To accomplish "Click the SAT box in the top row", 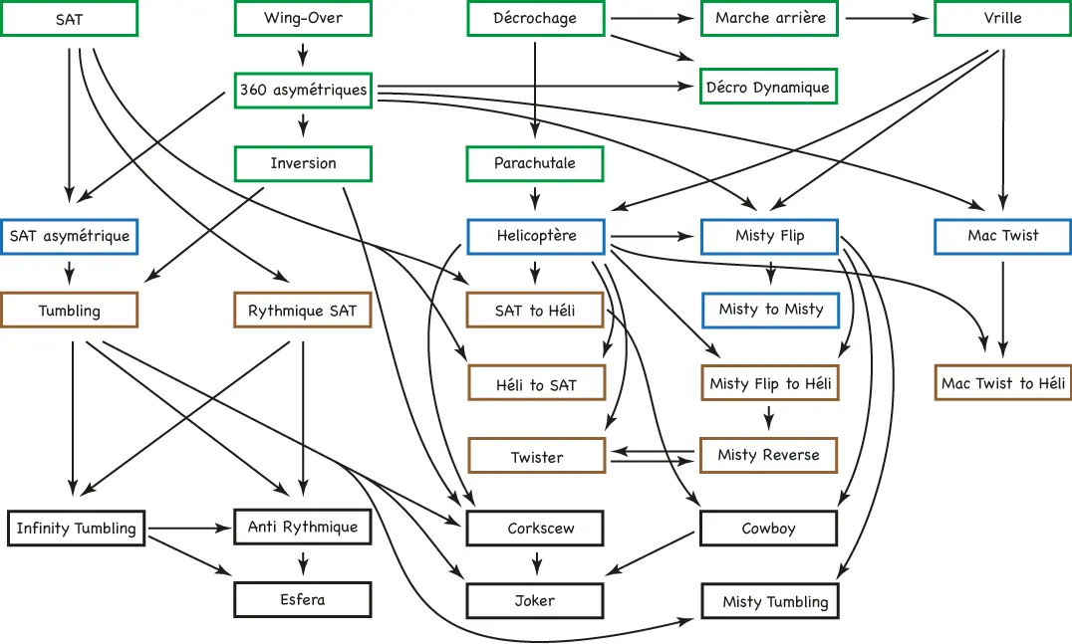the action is pyautogui.click(x=69, y=19).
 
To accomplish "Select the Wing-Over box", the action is pyautogui.click(x=303, y=19).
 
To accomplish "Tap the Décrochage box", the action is pyautogui.click(x=536, y=19).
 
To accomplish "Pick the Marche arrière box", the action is pyautogui.click(x=770, y=19).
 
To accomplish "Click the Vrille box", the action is pyautogui.click(x=1003, y=19).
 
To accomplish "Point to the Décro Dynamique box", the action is pyautogui.click(x=768, y=86).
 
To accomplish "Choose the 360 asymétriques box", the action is pyautogui.click(x=303, y=91).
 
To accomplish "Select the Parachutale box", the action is pyautogui.click(x=535, y=164).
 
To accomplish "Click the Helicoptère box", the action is pyautogui.click(x=536, y=236).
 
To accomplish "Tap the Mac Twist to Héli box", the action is pyautogui.click(x=1003, y=382).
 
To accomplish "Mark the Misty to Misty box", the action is pyautogui.click(x=770, y=310).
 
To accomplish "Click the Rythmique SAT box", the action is pyautogui.click(x=303, y=310).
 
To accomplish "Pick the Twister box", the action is pyautogui.click(x=537, y=456).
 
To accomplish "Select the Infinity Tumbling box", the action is pyautogui.click(x=77, y=528).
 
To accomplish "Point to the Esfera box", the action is pyautogui.click(x=303, y=599).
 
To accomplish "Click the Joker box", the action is pyautogui.click(x=535, y=601).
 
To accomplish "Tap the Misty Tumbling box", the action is pyautogui.click(x=770, y=601).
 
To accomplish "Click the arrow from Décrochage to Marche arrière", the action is pyautogui.click(x=653, y=19).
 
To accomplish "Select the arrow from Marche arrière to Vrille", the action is pyautogui.click(x=888, y=19).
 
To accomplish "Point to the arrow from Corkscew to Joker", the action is pyautogui.click(x=537, y=563).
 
